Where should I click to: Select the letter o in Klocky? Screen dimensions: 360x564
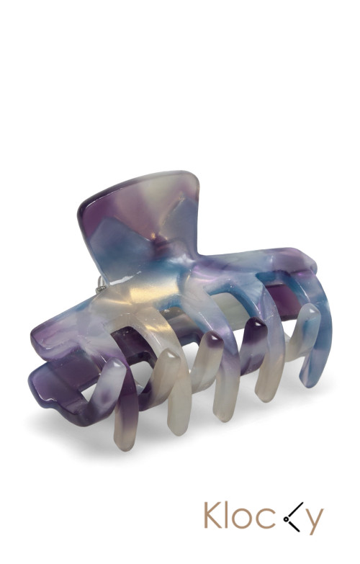(243, 519)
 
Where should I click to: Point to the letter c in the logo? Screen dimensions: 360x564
(264, 519)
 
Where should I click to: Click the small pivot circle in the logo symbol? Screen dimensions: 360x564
(286, 519)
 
